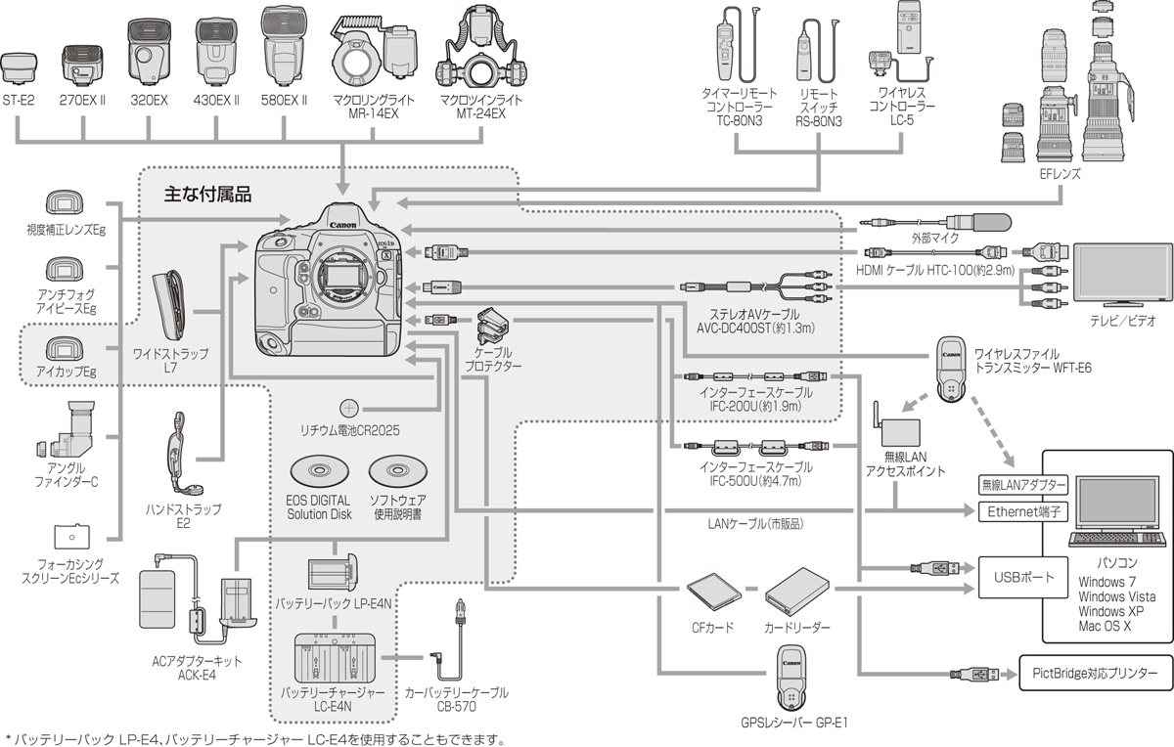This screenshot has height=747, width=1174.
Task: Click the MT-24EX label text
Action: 480,113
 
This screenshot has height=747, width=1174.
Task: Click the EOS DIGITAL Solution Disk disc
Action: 319,472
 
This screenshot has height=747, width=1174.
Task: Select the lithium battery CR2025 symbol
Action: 349,408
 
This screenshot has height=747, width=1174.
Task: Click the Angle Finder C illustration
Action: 69,432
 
